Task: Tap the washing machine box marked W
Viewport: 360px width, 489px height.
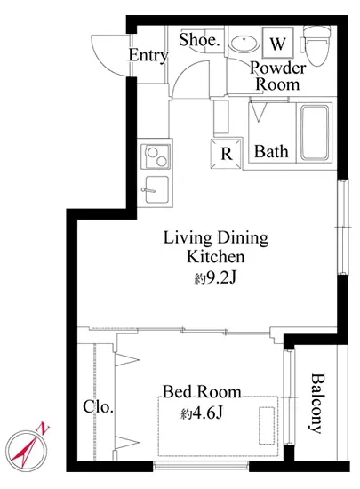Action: tap(277, 43)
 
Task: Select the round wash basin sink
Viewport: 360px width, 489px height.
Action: tap(244, 43)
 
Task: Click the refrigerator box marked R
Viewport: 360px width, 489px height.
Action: tap(227, 154)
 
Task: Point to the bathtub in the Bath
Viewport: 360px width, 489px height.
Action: tap(315, 132)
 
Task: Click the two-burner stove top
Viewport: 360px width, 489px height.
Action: tap(156, 156)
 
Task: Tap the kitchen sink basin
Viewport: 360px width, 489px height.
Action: tap(156, 189)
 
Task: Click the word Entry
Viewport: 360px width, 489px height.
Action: tap(148, 56)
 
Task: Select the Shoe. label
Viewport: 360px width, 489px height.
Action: tap(199, 40)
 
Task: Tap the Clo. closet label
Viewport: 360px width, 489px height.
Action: tap(98, 407)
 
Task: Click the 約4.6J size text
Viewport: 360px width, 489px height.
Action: tap(202, 413)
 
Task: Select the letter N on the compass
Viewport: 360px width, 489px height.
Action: tap(44, 429)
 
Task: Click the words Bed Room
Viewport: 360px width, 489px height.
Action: tap(202, 392)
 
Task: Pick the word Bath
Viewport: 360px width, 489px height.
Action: tap(271, 152)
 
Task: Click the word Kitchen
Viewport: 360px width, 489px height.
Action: tap(216, 257)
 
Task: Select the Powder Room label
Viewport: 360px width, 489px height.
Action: tap(277, 76)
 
